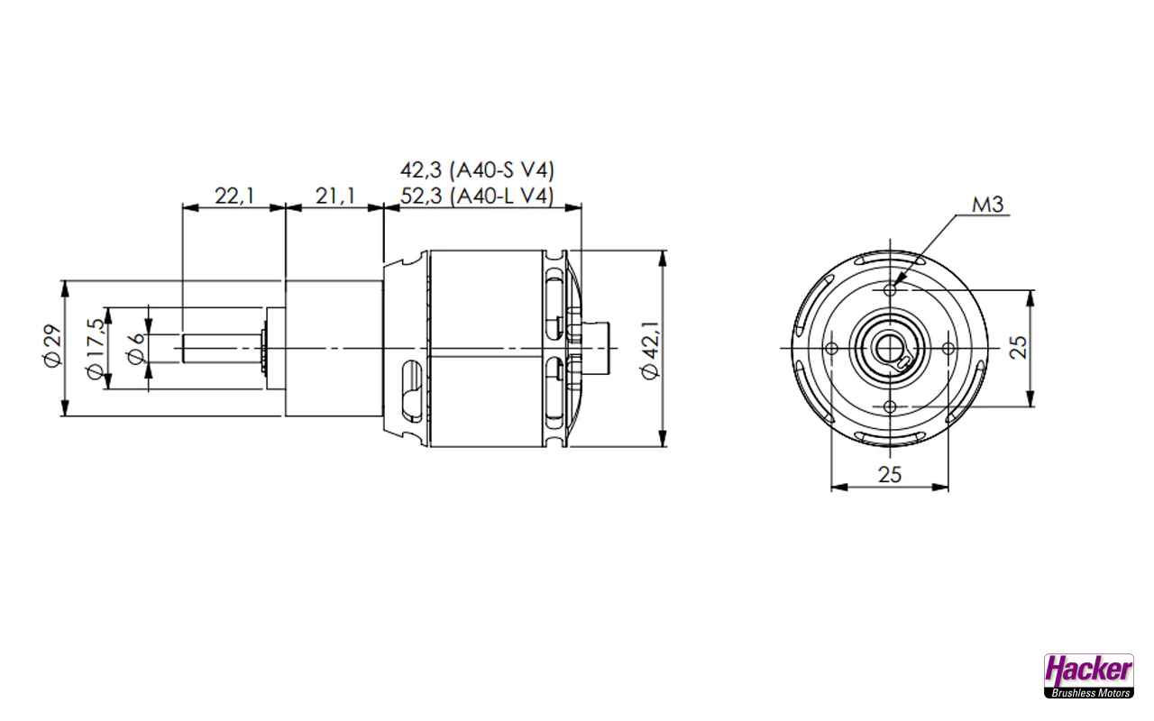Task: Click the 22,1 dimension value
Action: [x=233, y=195]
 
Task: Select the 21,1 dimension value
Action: [x=334, y=195]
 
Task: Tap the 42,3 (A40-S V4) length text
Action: [x=477, y=169]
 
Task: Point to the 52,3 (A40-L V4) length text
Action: [x=477, y=196]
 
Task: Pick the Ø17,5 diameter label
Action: [x=94, y=350]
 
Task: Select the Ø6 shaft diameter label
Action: [x=136, y=347]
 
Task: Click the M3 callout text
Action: [x=987, y=205]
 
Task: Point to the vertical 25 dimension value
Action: [x=1019, y=348]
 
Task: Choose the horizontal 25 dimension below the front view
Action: [x=890, y=475]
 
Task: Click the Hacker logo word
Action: [x=1088, y=670]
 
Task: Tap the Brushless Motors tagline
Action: [x=1088, y=693]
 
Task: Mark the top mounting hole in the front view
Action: [x=891, y=289]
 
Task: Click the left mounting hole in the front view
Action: [x=832, y=348]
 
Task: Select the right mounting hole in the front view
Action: [x=948, y=348]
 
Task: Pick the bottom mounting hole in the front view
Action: [x=891, y=406]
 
